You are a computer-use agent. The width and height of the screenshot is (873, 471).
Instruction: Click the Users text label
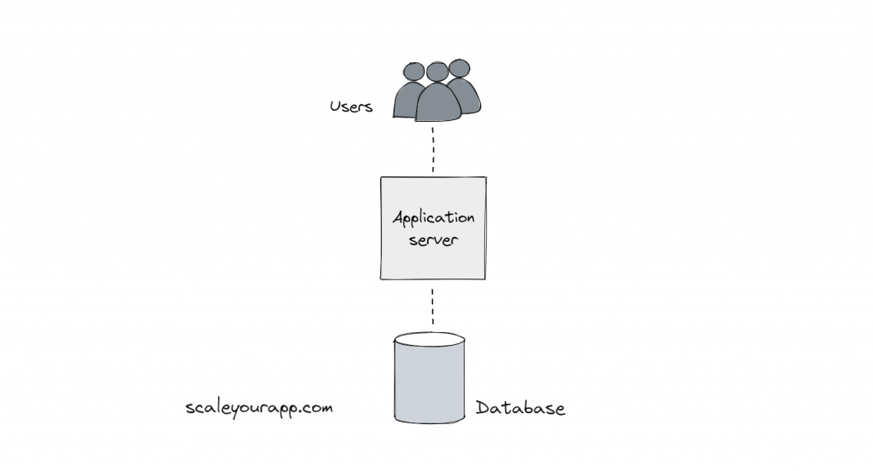pyautogui.click(x=351, y=107)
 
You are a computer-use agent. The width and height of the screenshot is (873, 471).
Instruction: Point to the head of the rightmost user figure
pyautogui.click(x=460, y=68)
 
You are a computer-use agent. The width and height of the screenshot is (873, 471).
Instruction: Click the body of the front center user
pyautogui.click(x=437, y=103)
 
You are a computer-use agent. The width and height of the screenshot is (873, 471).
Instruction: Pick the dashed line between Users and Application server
pyautogui.click(x=433, y=149)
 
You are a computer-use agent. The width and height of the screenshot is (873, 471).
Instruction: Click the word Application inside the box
pyautogui.click(x=433, y=219)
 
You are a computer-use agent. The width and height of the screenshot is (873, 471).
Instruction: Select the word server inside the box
pyautogui.click(x=433, y=240)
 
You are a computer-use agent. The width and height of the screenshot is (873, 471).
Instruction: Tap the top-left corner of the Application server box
pyautogui.click(x=381, y=178)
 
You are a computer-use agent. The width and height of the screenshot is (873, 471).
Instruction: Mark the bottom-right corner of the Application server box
pyautogui.click(x=485, y=279)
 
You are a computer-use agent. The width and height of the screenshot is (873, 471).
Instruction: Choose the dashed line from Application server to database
pyautogui.click(x=432, y=307)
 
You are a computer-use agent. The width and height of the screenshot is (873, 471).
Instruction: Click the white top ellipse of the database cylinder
pyautogui.click(x=430, y=340)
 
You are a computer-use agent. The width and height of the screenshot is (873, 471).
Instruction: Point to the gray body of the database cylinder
pyautogui.click(x=430, y=383)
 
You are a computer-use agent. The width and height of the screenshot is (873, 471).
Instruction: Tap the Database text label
pyautogui.click(x=520, y=409)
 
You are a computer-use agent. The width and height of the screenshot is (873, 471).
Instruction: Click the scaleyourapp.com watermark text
pyautogui.click(x=258, y=408)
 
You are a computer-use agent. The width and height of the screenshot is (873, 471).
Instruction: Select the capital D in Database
pyautogui.click(x=483, y=409)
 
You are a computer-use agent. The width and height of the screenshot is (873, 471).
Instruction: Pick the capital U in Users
pyautogui.click(x=335, y=107)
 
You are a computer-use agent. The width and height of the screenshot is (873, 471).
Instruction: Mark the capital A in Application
pyautogui.click(x=398, y=217)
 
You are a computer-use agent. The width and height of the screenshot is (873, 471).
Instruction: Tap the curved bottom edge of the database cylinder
pyautogui.click(x=430, y=422)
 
